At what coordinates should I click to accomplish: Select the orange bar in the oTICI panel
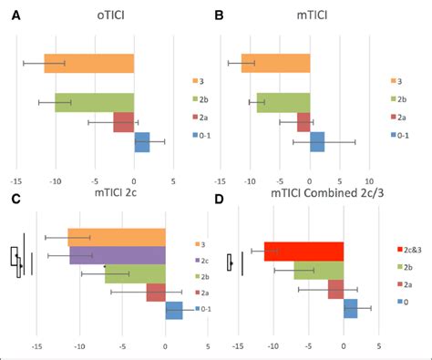click(x=89, y=63)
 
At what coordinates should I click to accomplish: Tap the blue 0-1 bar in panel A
click(x=141, y=142)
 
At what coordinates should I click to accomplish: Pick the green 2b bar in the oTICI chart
click(x=94, y=102)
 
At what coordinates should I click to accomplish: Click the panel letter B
click(x=219, y=15)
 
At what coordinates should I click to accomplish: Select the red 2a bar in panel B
click(x=303, y=121)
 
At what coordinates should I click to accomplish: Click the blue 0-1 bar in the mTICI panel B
click(x=317, y=142)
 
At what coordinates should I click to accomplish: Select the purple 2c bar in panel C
click(x=118, y=255)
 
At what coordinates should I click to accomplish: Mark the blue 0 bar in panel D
click(x=350, y=309)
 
